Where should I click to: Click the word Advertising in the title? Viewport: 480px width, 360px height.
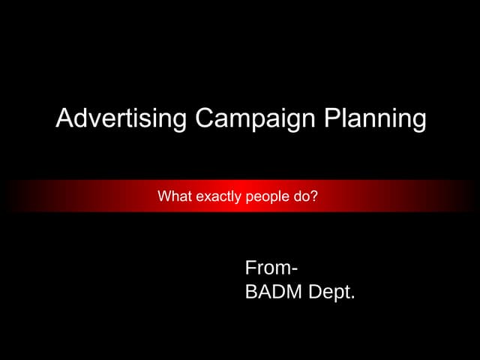[121, 118]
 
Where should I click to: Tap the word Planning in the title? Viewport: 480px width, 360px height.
[375, 118]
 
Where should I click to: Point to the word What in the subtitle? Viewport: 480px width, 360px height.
[173, 197]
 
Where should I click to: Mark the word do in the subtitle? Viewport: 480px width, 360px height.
[304, 197]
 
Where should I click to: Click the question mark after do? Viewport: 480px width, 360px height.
[315, 197]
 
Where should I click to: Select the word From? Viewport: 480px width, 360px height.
[266, 268]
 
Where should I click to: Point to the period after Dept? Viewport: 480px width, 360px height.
[352, 298]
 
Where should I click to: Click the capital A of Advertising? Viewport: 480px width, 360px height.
[65, 118]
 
